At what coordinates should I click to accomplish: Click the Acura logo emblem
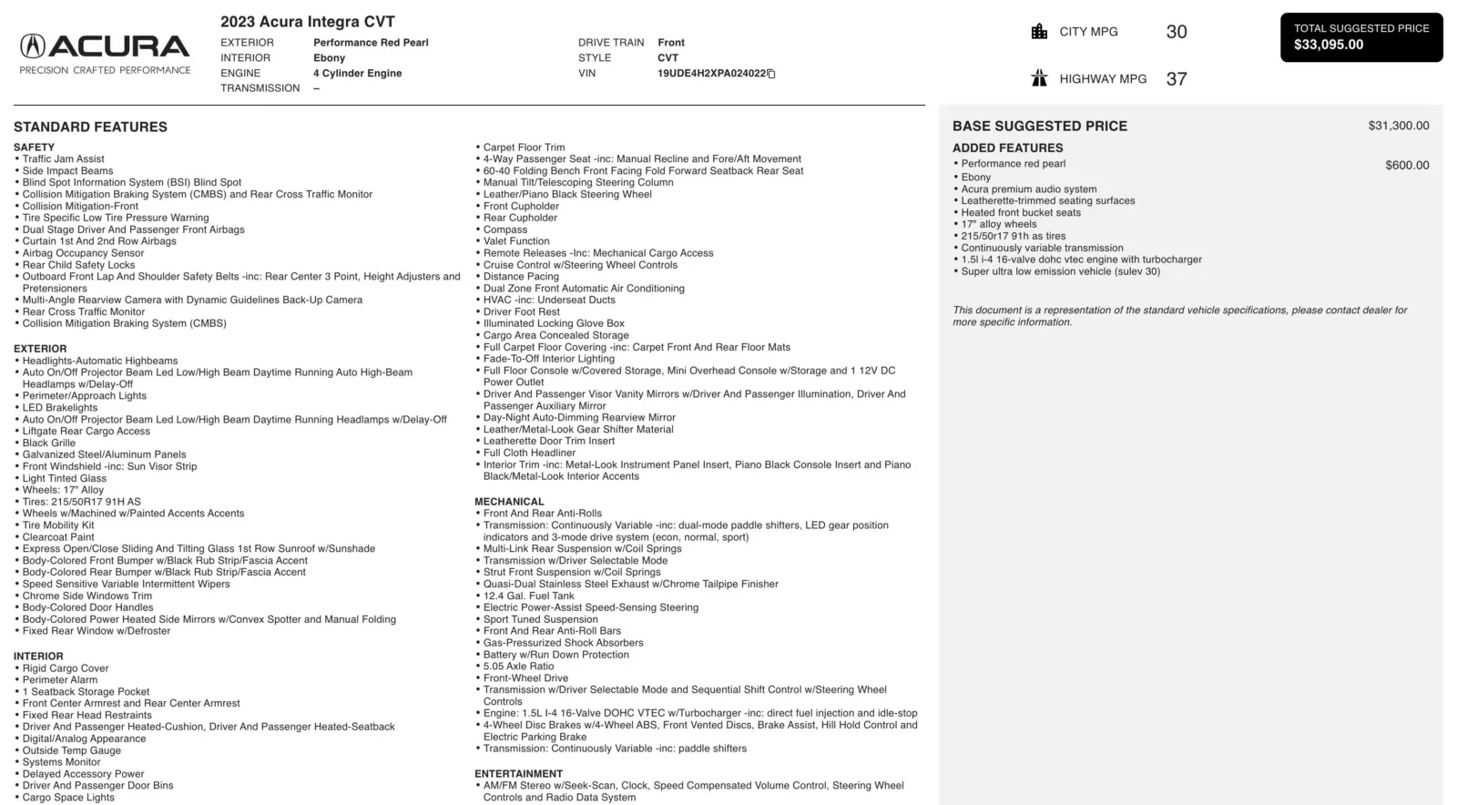(x=34, y=46)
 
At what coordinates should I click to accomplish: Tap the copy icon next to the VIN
(x=771, y=74)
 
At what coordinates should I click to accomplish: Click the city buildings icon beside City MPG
(x=1039, y=32)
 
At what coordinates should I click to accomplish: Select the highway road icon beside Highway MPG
(x=1039, y=78)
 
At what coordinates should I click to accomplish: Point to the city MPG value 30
(x=1177, y=32)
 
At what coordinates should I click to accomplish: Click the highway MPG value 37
(x=1177, y=79)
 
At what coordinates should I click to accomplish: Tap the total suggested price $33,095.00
(x=1329, y=45)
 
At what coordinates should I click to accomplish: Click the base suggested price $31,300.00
(x=1398, y=126)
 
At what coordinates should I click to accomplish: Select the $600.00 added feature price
(x=1407, y=165)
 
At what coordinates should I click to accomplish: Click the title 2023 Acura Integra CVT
(x=308, y=22)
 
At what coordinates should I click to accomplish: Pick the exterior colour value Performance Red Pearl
(x=371, y=43)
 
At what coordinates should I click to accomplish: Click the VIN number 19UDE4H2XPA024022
(x=711, y=74)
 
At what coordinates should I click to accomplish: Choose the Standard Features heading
(x=90, y=127)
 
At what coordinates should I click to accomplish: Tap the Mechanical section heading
(x=509, y=502)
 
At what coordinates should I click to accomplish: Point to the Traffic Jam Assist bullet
(x=63, y=159)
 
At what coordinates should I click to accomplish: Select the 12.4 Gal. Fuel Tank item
(x=528, y=596)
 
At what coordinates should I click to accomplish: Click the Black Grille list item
(x=49, y=443)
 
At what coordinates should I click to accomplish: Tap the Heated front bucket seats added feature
(x=1021, y=213)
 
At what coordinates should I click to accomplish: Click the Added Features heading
(x=1007, y=148)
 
